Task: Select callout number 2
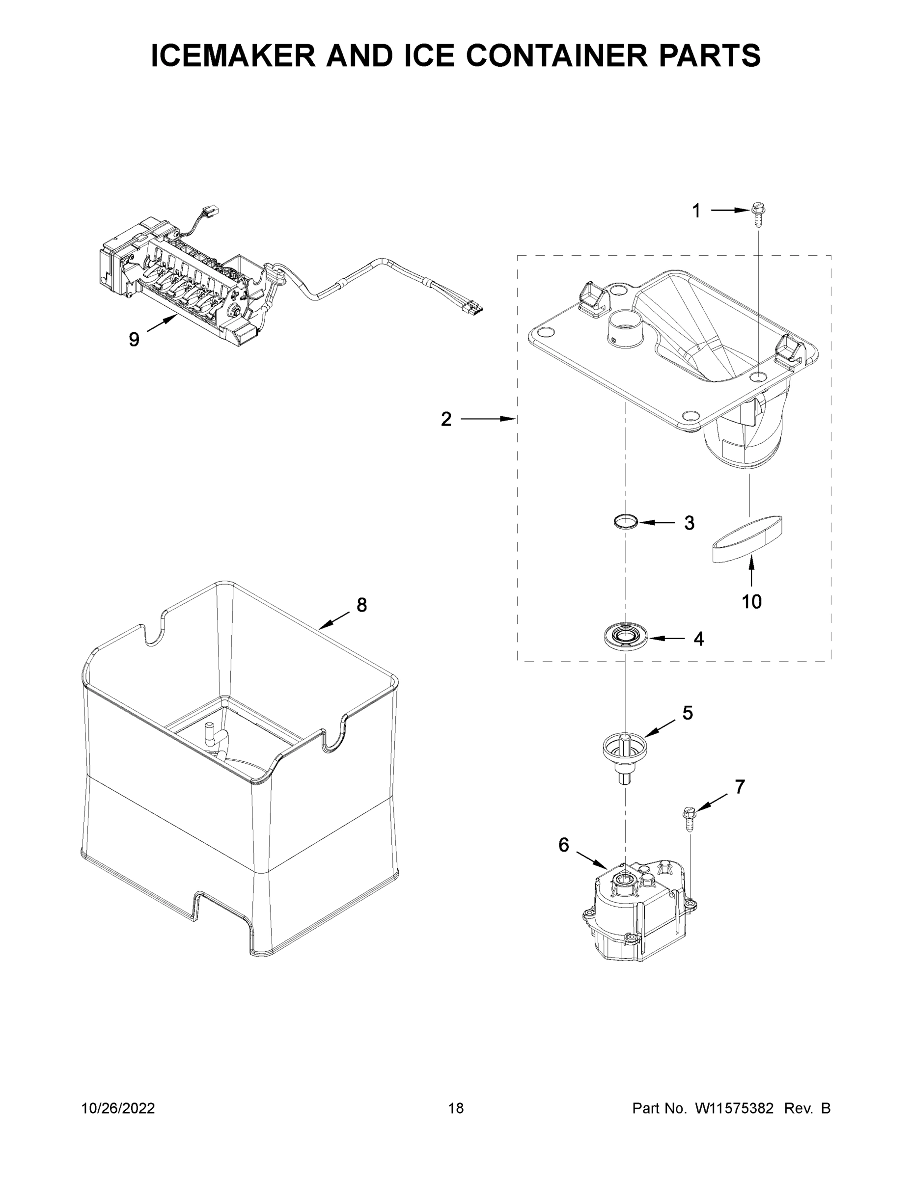coord(446,419)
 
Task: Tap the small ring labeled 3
coord(626,522)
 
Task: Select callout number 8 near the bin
coord(361,605)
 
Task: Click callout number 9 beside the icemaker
coord(134,339)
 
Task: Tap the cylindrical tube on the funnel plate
coord(626,327)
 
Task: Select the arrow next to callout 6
coord(592,860)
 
